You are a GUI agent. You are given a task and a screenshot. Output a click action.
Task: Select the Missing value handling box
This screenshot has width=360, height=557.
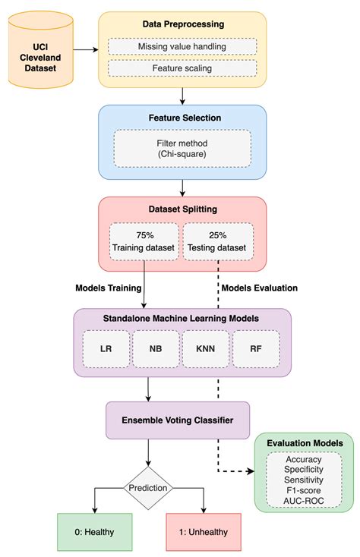coord(182,46)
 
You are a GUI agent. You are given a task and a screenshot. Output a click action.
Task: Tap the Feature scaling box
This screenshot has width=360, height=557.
coord(182,68)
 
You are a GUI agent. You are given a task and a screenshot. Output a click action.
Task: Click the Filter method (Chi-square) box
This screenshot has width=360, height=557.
coord(182,148)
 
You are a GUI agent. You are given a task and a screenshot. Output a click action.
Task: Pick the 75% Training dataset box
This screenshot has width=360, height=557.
coord(144,241)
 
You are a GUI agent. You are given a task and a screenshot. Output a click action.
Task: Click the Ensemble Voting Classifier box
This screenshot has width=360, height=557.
coord(177,420)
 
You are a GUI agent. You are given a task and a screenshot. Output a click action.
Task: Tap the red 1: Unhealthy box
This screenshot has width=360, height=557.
coord(204,531)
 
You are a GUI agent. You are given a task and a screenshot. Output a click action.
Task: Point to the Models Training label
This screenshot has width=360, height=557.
coord(109,288)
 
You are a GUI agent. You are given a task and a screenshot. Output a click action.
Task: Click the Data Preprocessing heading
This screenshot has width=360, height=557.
coord(182,24)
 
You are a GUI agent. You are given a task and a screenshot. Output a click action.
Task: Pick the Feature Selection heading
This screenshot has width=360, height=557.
coord(182,118)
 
